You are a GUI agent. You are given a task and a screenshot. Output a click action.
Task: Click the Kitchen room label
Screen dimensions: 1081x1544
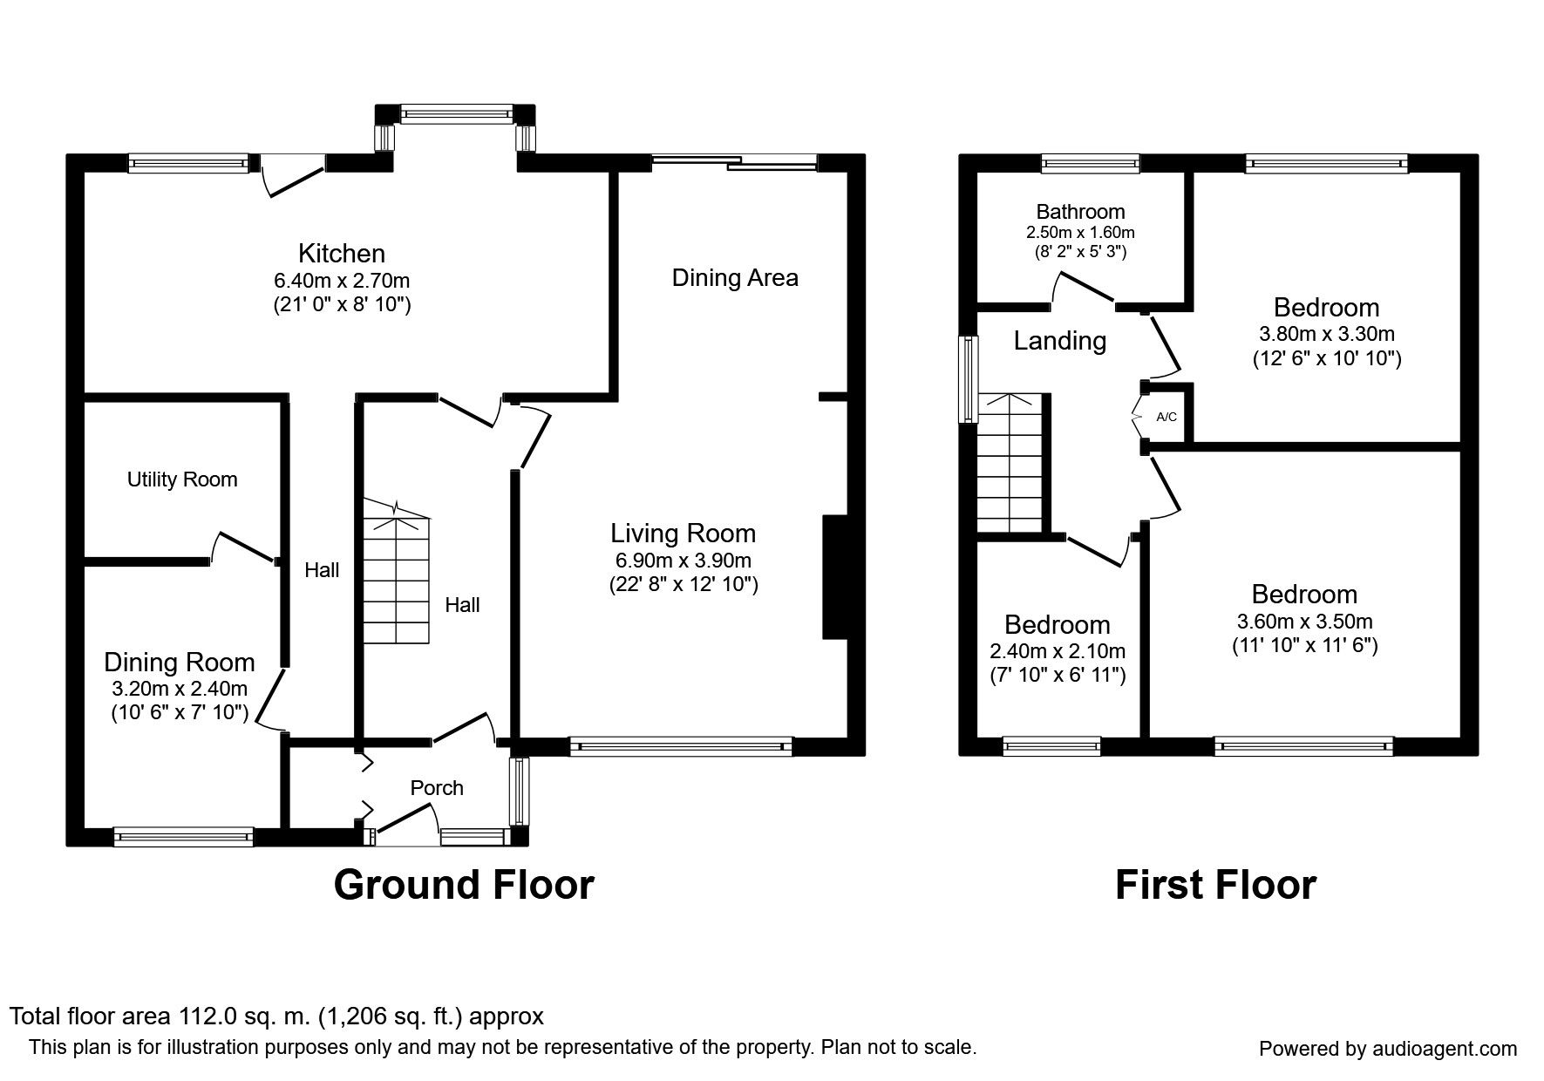tap(341, 254)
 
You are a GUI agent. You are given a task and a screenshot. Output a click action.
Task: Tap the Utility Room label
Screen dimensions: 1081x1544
tap(182, 479)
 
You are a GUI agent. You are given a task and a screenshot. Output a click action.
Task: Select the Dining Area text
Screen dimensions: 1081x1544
tap(735, 278)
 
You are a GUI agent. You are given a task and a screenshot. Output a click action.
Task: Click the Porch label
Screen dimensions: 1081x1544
tap(437, 788)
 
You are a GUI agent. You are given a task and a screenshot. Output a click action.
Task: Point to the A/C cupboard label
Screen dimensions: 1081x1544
tap(1167, 418)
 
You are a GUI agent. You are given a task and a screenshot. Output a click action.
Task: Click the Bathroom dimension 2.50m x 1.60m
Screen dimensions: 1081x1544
tap(1080, 234)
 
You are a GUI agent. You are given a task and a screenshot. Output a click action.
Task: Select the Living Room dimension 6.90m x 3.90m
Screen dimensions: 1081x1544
tap(683, 561)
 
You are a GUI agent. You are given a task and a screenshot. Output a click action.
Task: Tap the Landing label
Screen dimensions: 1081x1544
tap(1059, 341)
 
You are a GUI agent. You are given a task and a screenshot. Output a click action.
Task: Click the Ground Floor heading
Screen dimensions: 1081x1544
tap(464, 885)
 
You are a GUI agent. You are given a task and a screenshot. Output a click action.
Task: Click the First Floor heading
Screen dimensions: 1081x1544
tap(1215, 885)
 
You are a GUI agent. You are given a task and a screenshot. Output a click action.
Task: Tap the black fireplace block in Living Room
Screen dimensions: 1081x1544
tap(835, 578)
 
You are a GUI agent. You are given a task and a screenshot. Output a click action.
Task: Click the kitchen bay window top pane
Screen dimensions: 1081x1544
tap(455, 112)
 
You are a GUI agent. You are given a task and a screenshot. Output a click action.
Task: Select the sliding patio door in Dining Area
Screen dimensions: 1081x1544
tap(734, 161)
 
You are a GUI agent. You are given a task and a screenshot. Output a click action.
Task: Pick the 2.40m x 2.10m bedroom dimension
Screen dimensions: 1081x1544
tap(1058, 651)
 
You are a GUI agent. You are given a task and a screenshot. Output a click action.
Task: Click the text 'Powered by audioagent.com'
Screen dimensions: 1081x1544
tap(1388, 1049)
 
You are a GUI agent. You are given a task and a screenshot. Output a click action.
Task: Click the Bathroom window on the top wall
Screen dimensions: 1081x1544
tap(1090, 162)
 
